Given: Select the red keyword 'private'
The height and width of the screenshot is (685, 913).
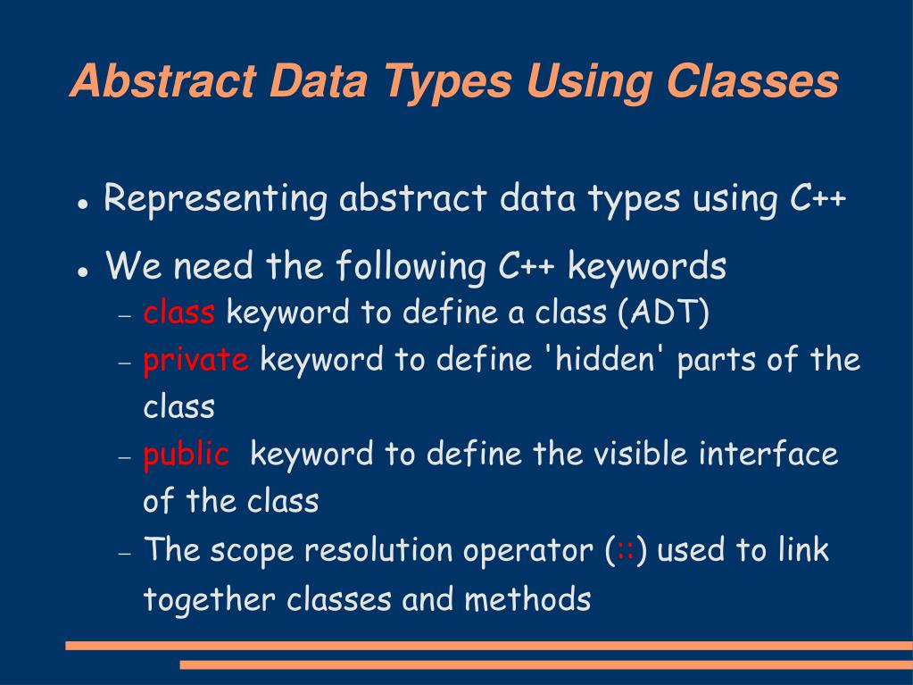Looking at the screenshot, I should [195, 360].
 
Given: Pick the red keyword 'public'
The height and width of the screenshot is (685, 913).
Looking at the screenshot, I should [187, 455].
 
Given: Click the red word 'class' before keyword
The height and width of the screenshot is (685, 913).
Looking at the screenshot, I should [178, 313].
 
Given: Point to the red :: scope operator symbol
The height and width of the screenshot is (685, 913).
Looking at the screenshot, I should [625, 550].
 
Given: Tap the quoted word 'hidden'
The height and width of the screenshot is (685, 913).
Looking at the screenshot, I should [606, 360].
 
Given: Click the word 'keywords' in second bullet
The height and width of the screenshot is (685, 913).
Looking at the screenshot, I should [647, 266].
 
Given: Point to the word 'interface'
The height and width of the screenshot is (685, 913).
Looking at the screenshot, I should [768, 455].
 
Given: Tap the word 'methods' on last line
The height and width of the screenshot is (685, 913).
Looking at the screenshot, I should [527, 598].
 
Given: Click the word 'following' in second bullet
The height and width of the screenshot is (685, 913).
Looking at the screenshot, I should [410, 266].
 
